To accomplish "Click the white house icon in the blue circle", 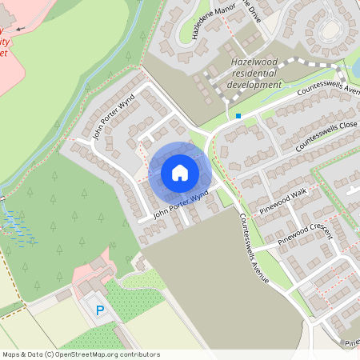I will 180,172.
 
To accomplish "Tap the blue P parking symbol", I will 100,310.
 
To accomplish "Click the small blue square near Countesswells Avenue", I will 238,116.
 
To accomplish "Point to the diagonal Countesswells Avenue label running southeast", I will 246,233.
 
